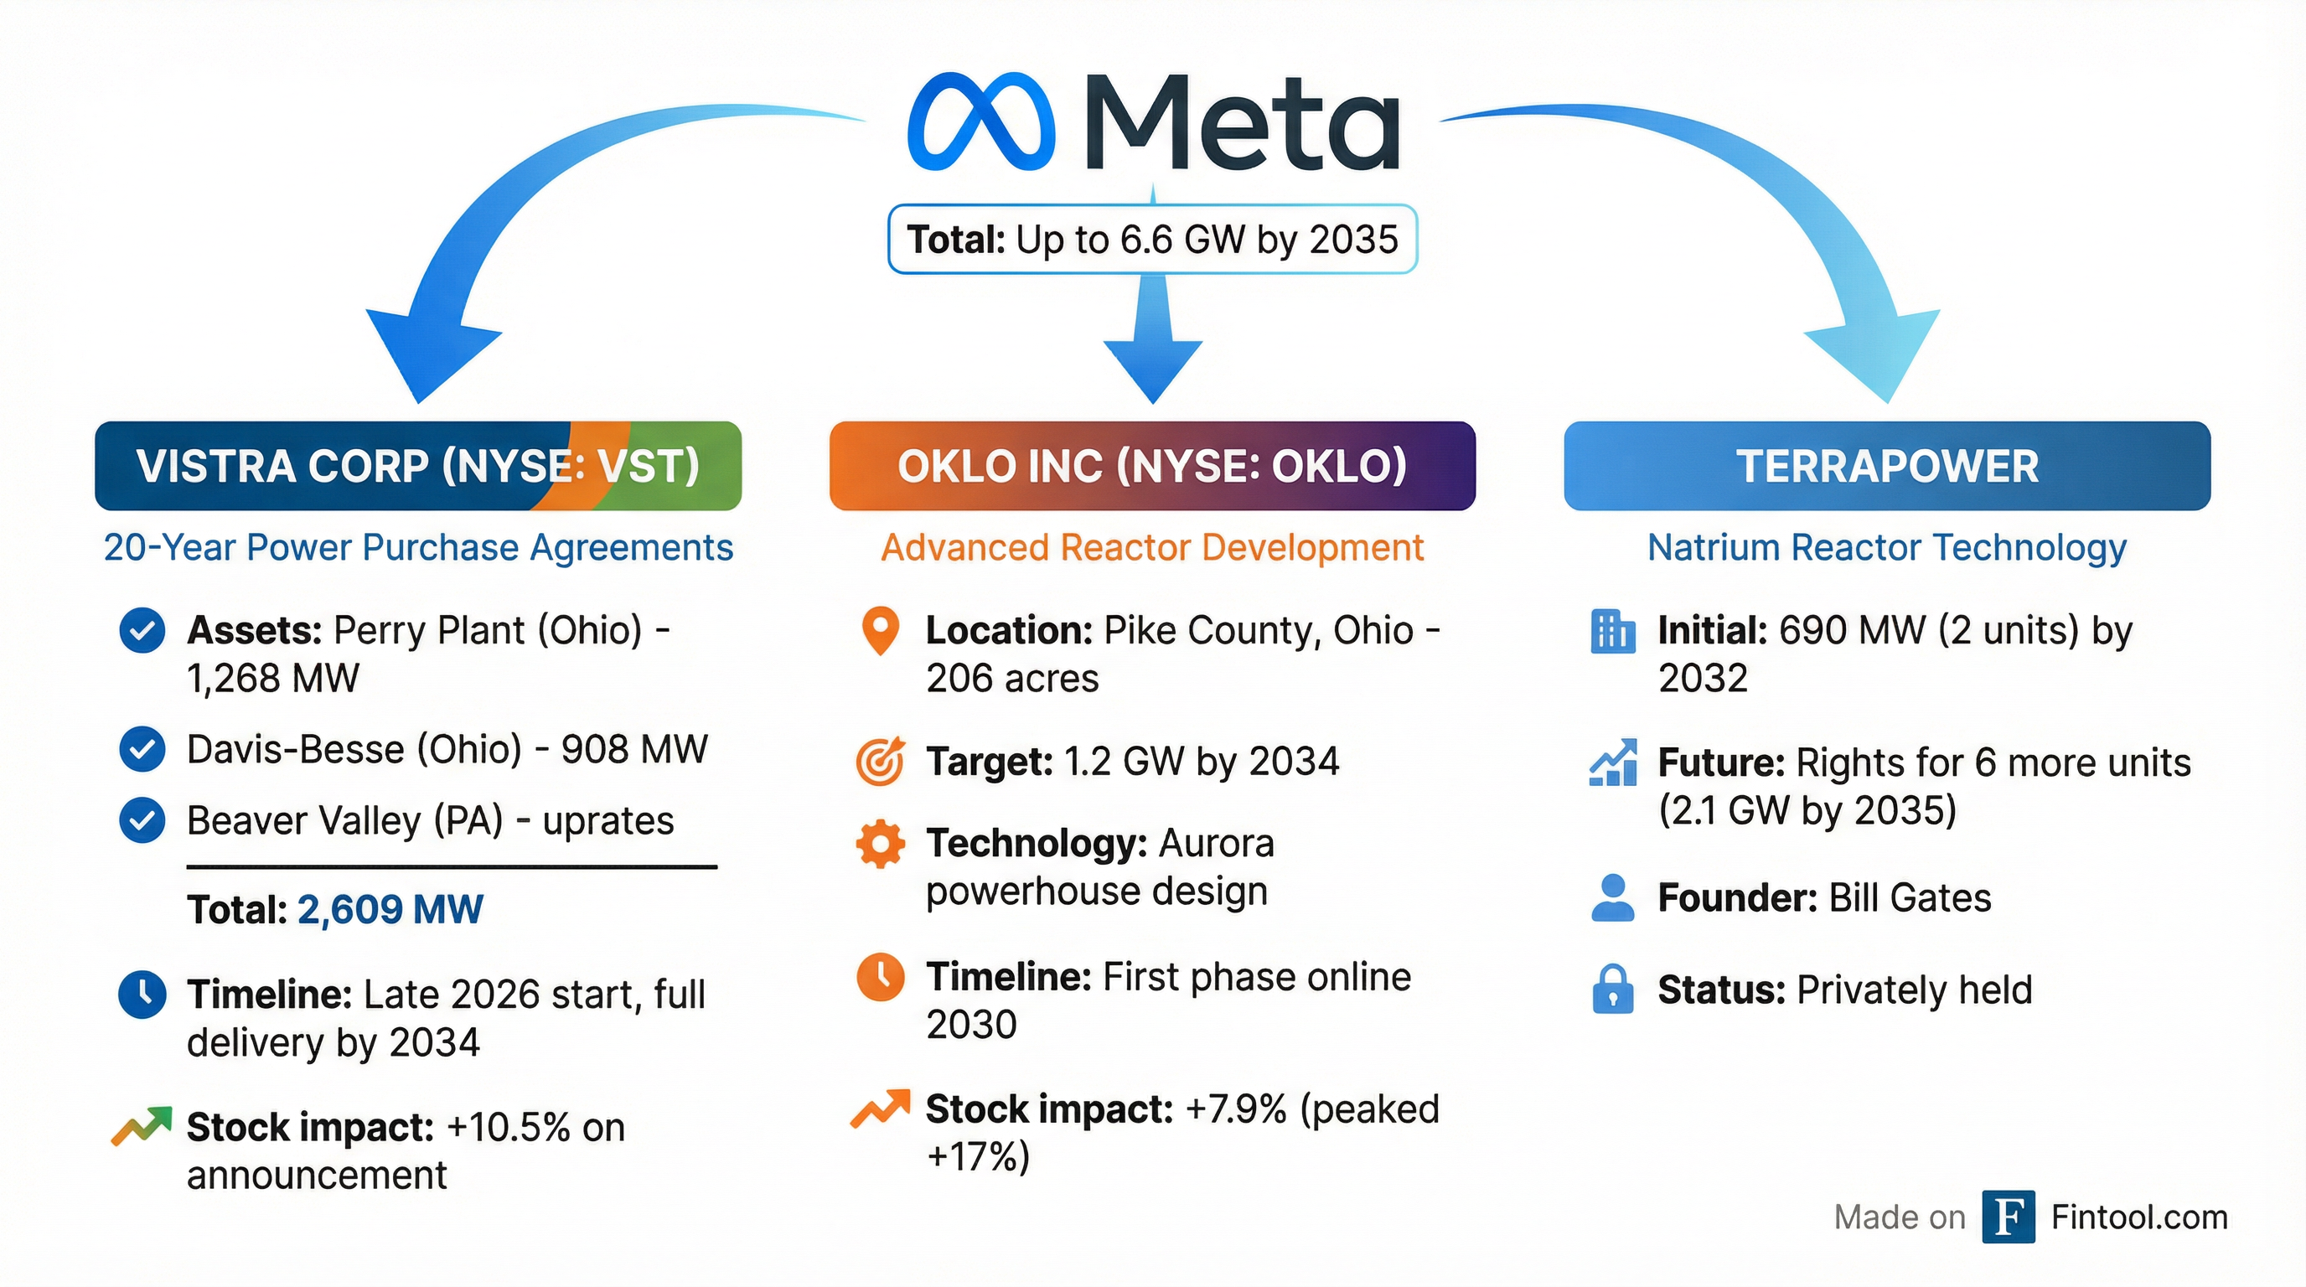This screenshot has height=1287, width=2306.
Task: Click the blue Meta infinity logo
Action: [x=980, y=122]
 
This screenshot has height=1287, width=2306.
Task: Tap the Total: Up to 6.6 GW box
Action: [x=1152, y=239]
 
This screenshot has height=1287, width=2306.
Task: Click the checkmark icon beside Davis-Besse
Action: [x=142, y=749]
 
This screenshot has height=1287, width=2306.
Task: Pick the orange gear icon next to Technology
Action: [x=881, y=843]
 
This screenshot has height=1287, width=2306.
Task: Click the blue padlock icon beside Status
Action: [x=1613, y=989]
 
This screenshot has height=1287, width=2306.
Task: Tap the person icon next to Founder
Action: [x=1613, y=897]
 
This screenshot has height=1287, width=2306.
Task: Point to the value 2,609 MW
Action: [x=390, y=910]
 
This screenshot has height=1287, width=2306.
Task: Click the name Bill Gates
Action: [x=1910, y=897]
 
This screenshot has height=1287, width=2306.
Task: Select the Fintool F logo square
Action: [x=2009, y=1217]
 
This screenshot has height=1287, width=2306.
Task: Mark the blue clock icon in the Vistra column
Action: [x=142, y=995]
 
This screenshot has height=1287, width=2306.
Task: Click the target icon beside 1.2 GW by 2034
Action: [x=881, y=762]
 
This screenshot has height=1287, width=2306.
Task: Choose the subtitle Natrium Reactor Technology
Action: [x=1887, y=548]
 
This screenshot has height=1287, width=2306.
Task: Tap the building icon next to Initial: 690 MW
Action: [x=1613, y=632]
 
